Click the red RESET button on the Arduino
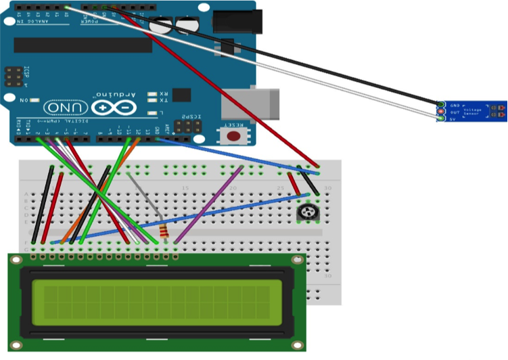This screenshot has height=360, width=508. (x=234, y=136)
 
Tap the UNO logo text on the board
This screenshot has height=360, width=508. (x=65, y=108)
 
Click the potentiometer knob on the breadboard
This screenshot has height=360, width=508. (x=308, y=213)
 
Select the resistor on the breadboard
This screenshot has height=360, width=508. (x=163, y=231)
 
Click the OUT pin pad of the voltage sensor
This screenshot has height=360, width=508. (x=441, y=112)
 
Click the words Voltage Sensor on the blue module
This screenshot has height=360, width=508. (x=474, y=112)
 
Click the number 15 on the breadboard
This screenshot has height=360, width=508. (x=184, y=187)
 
